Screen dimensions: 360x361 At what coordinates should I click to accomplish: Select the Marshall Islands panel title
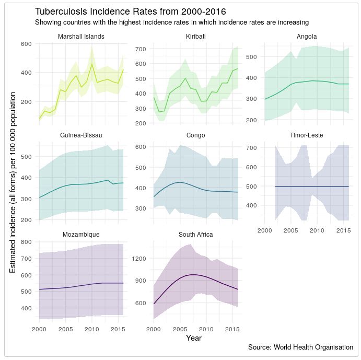tap(81, 37)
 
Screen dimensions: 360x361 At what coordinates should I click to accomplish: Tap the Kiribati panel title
tap(195, 37)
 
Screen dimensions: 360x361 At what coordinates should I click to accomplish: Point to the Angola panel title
tap(306, 37)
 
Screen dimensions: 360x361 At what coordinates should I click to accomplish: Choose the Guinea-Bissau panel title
tap(81, 135)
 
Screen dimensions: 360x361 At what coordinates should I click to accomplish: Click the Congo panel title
tap(195, 135)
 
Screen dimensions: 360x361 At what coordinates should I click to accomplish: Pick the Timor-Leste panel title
tap(306, 135)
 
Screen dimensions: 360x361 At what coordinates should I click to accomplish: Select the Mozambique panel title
tap(81, 235)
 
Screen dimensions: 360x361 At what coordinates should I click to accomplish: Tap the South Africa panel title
tap(195, 235)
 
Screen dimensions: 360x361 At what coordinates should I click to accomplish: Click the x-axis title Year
tap(193, 338)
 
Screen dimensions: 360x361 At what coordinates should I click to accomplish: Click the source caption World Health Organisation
tap(300, 347)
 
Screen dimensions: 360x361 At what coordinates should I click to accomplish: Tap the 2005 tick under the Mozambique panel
tap(65, 329)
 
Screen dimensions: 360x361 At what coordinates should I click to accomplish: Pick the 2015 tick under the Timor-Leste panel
tap(343, 230)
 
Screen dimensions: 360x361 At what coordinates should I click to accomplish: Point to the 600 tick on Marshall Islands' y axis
tap(26, 43)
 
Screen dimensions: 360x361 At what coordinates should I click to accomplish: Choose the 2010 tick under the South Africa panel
tap(206, 329)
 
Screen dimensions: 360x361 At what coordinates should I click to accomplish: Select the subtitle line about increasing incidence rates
tap(171, 22)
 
